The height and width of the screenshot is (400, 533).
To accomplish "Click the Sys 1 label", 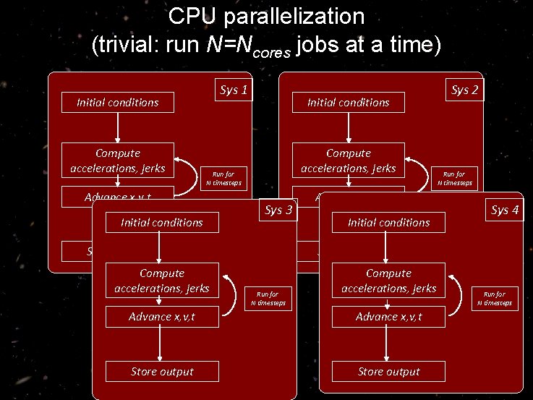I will coord(234,91).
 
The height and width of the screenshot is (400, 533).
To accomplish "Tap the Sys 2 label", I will coord(465,90).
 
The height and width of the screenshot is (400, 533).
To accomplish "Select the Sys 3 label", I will coord(279,210).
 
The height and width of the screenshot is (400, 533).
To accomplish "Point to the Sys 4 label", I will coord(505,210).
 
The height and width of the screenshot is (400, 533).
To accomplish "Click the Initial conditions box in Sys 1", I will coord(118,103).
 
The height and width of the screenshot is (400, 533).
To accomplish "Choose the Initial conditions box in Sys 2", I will coord(349,103).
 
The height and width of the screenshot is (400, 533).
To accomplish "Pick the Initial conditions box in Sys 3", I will coord(161,223).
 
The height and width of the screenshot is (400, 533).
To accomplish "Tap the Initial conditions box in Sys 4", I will coord(388,223).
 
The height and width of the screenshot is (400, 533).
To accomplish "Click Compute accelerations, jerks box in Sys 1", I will coord(118,161).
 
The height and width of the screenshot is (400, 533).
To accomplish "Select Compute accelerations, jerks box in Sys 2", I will coord(349,161).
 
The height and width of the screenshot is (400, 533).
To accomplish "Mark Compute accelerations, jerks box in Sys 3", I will coord(161,281).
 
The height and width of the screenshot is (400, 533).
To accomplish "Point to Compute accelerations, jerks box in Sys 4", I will coord(388,281).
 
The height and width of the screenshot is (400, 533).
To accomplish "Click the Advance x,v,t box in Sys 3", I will coord(161,317).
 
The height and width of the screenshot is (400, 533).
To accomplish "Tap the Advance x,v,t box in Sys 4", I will coord(388,317).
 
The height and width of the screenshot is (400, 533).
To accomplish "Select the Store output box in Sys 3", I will coord(161,372).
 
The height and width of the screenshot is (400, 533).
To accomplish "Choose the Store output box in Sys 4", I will coord(388,372).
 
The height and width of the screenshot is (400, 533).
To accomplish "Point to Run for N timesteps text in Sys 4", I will coord(495,298).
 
